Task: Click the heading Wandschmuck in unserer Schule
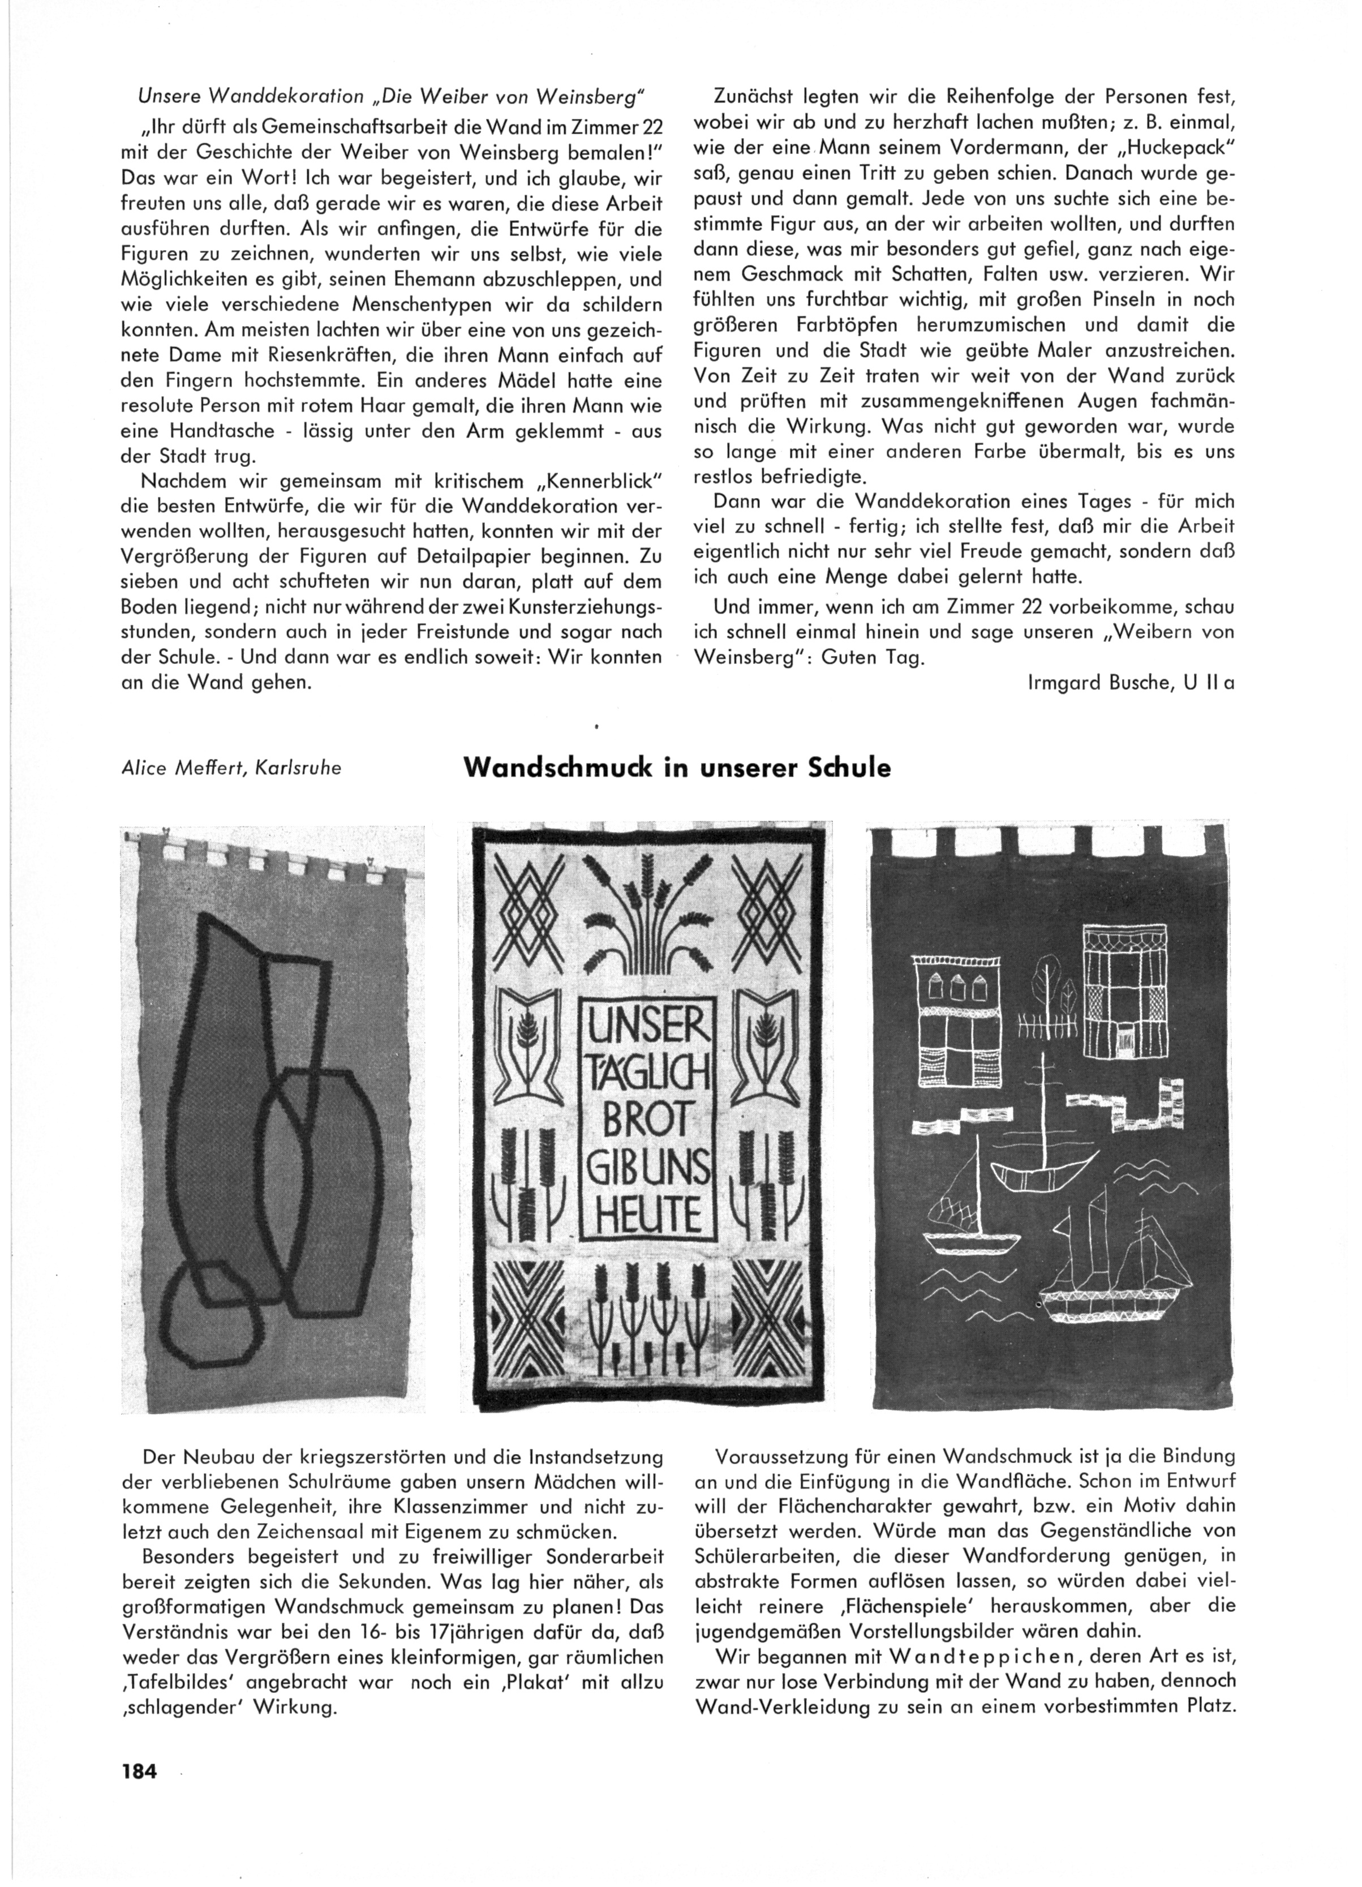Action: pos(676,767)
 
